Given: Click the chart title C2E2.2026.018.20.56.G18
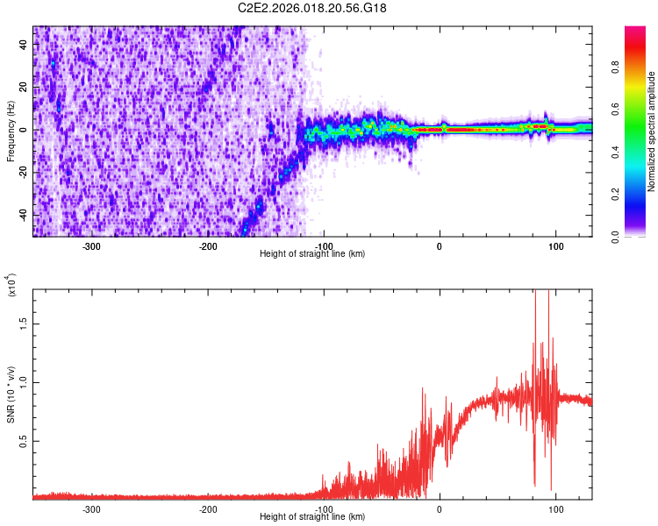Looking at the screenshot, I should click(312, 8).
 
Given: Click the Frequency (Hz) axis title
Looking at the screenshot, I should click(11, 131).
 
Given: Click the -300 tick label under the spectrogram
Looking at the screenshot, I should click(92, 246).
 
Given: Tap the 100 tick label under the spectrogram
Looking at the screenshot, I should click(555, 246).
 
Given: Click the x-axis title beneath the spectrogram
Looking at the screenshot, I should click(312, 254).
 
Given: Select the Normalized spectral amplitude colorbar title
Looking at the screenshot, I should click(652, 131).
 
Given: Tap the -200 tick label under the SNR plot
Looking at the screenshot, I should click(208, 508).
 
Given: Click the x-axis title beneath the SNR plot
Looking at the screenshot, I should click(312, 516).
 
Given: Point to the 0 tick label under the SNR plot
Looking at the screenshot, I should click(440, 508).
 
